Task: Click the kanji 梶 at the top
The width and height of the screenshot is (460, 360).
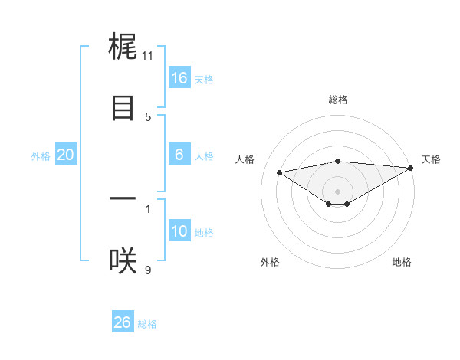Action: [123, 47]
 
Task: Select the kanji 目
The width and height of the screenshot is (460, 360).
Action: [123, 108]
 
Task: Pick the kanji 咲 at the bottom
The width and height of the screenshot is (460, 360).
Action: [123, 261]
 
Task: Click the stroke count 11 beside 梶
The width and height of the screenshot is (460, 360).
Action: [148, 55]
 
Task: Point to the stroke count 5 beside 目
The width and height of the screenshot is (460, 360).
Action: [148, 116]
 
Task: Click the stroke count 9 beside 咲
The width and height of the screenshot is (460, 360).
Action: [148, 269]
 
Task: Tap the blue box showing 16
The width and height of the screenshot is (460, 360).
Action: [179, 78]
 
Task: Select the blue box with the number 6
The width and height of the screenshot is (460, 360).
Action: [179, 155]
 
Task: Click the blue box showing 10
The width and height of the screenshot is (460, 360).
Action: [179, 231]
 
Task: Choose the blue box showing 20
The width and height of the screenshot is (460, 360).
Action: [65, 155]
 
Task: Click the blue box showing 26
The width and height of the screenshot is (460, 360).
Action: [122, 322]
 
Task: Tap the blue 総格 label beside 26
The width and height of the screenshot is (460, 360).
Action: [147, 324]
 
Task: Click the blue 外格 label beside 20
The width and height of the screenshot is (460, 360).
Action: [41, 156]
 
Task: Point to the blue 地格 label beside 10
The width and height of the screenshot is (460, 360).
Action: [204, 233]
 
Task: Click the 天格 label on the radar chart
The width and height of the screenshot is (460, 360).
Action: [431, 159]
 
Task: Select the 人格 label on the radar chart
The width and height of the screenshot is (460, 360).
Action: [246, 159]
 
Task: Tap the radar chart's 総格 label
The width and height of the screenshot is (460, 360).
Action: [338, 100]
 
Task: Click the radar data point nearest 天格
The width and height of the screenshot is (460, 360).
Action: [412, 168]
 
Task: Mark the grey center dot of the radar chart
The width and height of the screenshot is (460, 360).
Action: [338, 191]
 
